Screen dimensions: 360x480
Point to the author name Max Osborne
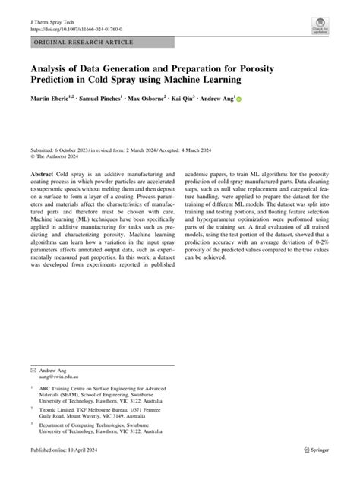(169, 98)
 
